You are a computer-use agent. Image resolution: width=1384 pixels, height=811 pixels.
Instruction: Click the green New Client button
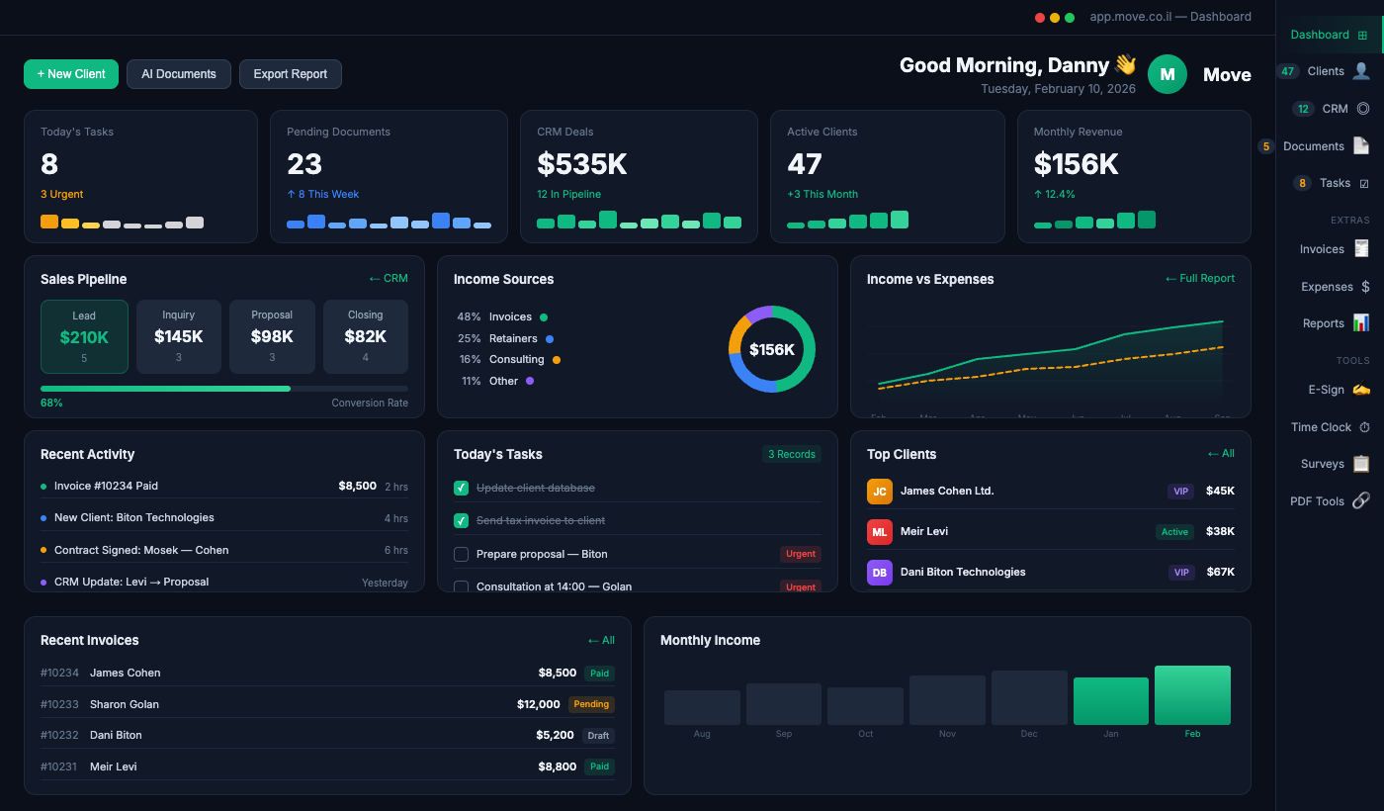[x=71, y=74]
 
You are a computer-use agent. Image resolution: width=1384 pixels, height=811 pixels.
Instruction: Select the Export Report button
[x=290, y=74]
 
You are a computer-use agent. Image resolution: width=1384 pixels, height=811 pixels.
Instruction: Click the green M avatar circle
[x=1167, y=74]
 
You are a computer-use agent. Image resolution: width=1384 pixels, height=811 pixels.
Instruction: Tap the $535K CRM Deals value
[x=581, y=163]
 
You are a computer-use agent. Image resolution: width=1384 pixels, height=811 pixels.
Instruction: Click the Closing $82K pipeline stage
[x=365, y=336]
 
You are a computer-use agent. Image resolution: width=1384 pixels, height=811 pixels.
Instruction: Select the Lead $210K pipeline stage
[x=84, y=336]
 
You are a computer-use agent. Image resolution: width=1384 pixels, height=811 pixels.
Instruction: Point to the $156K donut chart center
[x=771, y=349]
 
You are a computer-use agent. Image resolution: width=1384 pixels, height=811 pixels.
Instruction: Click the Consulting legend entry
[x=516, y=359]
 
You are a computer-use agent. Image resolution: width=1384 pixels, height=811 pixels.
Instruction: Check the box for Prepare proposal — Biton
[x=461, y=554]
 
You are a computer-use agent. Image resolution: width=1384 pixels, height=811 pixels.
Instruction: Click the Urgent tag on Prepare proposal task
[x=800, y=554]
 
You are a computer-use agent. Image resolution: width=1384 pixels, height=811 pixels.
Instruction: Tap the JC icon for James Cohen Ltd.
[x=879, y=492]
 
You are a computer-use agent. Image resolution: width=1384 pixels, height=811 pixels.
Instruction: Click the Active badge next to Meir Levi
[x=1174, y=532]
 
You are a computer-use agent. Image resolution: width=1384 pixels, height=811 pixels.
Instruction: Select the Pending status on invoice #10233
[x=591, y=704]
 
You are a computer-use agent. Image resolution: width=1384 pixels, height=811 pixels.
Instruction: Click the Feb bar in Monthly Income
[x=1192, y=695]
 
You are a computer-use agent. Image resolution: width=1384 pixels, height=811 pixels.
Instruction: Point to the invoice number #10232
[x=59, y=735]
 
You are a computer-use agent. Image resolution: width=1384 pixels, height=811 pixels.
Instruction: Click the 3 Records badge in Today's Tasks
[x=791, y=454]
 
